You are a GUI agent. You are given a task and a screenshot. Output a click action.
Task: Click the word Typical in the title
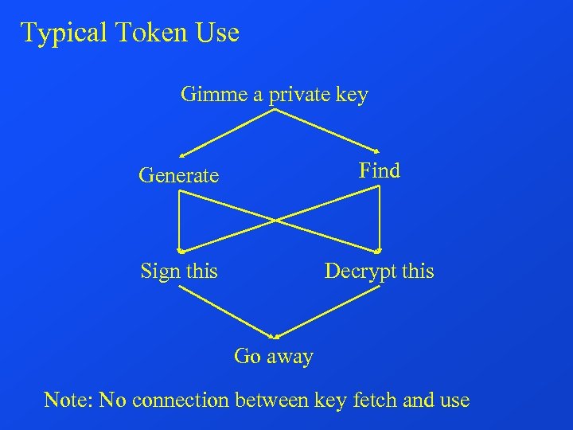pos(64,33)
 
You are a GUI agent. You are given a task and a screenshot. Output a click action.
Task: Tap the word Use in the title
pos(217,33)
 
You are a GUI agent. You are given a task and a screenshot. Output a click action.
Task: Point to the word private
pos(302,96)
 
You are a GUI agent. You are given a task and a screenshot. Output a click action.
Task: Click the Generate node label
pos(178,175)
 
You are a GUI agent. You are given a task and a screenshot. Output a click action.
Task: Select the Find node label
pos(379,170)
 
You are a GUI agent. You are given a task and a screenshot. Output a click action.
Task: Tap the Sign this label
pos(178,272)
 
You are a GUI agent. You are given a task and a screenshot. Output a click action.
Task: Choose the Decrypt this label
pos(379,272)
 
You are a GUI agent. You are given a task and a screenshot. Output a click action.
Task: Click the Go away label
pos(273,356)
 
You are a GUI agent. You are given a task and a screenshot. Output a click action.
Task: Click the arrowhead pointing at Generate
pos(182,154)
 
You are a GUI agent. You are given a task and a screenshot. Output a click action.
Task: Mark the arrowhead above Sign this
pos(180,250)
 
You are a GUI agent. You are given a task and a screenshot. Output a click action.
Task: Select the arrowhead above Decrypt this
pos(380,250)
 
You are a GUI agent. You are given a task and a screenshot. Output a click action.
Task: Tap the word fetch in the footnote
pos(372,399)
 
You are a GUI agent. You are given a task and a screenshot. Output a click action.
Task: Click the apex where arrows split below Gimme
pos(275,111)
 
